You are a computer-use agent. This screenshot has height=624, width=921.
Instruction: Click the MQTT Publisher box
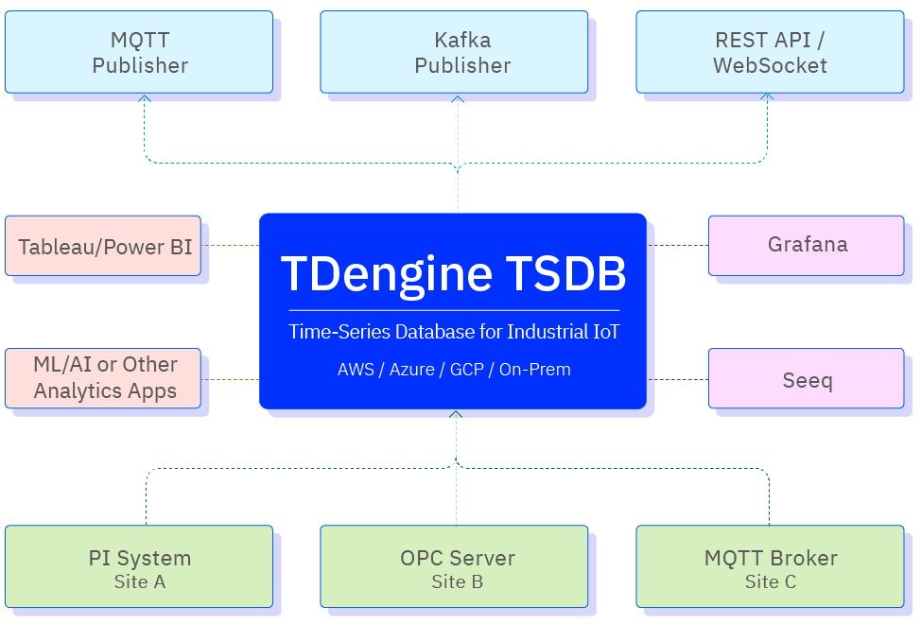139,52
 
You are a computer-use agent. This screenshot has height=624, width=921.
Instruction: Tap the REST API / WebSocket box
769,52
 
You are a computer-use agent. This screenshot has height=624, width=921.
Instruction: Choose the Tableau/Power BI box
103,246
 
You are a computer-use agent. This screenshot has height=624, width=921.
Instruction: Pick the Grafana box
806,245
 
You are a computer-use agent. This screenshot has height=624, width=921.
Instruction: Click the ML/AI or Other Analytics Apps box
103,378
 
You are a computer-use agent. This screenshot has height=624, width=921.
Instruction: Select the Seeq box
806,378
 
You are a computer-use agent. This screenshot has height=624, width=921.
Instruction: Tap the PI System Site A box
139,566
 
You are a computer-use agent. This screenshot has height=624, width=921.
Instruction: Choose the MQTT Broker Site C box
769,566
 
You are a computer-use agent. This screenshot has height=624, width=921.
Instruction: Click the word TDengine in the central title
386,274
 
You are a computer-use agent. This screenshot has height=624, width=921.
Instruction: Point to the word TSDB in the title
565,274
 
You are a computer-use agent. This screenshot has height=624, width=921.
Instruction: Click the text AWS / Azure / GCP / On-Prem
454,370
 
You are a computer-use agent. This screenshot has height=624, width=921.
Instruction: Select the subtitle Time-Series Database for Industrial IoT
454,332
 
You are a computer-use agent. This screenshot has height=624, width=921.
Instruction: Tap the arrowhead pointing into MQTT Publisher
145,96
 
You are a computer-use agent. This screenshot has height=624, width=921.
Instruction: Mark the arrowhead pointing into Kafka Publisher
459,96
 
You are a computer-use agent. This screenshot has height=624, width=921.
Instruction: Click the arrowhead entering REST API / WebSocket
768,96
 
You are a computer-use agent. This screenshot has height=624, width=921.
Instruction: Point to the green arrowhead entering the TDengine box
456,414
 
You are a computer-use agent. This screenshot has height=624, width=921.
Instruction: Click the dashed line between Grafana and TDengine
677,245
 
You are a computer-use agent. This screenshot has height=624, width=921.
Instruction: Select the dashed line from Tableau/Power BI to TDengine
230,246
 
